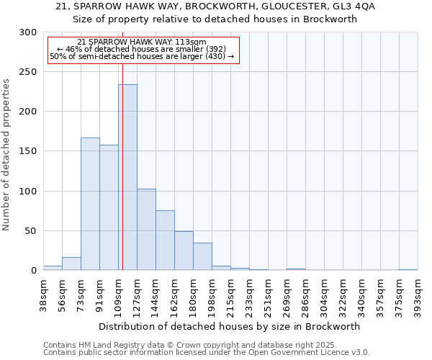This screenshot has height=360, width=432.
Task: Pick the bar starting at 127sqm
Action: click(x=146, y=230)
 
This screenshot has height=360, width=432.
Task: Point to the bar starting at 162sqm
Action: click(x=184, y=251)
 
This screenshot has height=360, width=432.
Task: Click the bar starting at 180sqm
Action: click(x=202, y=256)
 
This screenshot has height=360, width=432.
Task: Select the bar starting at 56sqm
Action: click(x=71, y=264)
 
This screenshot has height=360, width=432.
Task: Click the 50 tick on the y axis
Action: click(x=30, y=231)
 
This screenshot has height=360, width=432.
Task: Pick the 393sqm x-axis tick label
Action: click(x=418, y=295)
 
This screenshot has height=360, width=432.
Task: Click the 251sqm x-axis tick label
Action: click(x=269, y=295)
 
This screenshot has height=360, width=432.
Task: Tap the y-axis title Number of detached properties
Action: click(x=6, y=155)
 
